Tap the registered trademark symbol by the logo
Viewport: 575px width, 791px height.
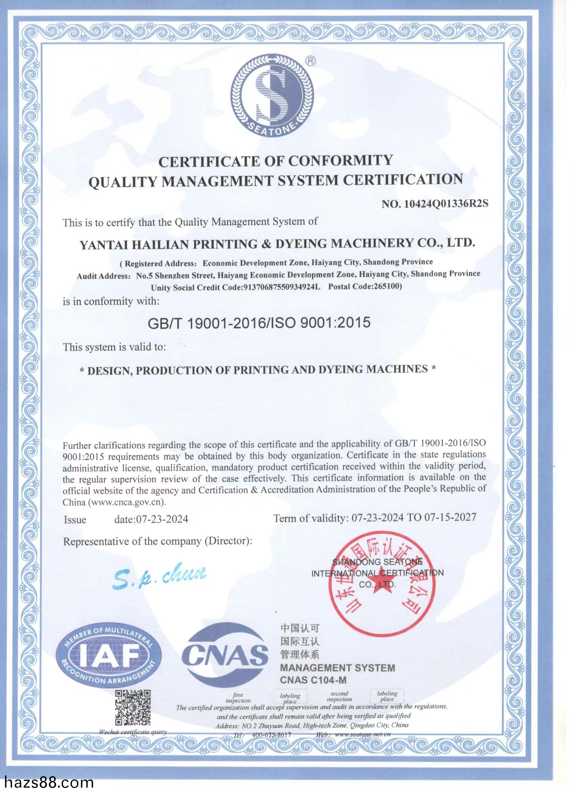(x=310, y=61)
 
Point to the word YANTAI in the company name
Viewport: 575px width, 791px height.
(x=103, y=245)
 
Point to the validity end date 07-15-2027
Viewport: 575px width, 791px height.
(x=450, y=517)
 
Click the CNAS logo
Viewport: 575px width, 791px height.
(x=225, y=655)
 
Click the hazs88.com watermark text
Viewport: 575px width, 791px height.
(x=47, y=783)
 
